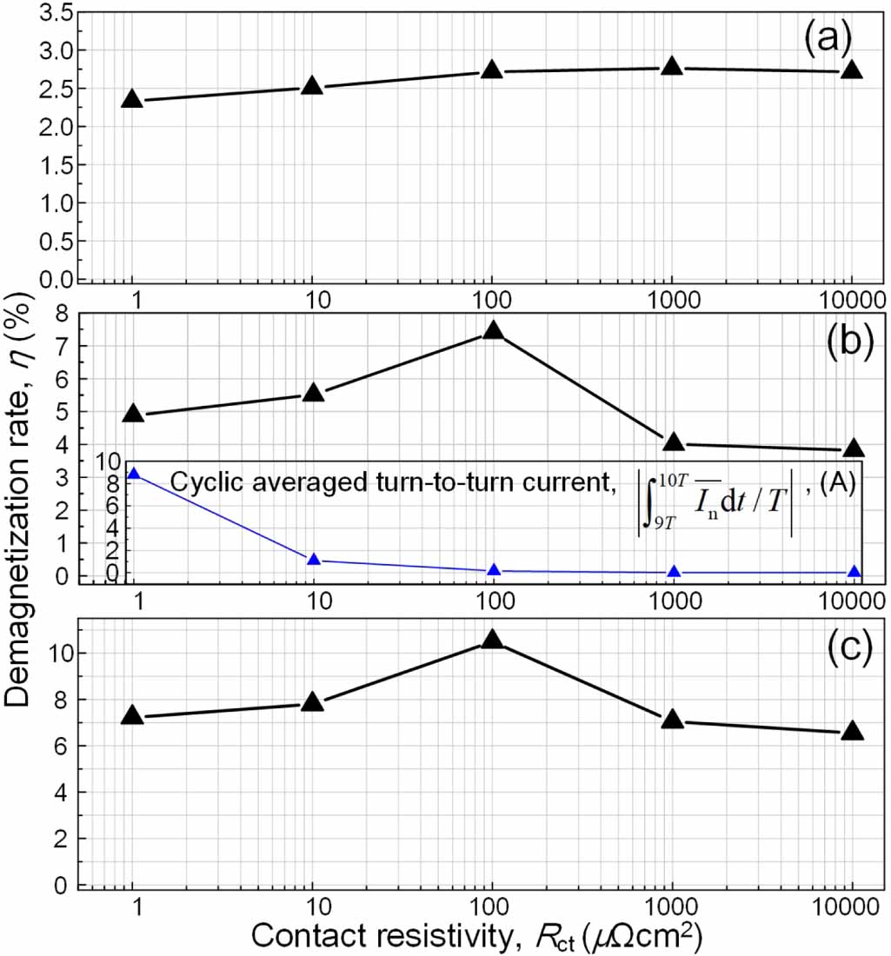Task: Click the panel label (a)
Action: coord(827,40)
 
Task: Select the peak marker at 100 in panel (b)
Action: coord(493,330)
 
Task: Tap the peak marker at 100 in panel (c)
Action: coord(492,640)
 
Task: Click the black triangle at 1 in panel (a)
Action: coord(132,99)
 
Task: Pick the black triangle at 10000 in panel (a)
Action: coord(852,70)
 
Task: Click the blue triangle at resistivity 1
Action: coord(134,474)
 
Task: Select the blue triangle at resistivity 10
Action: coord(314,560)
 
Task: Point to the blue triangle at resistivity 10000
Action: coord(854,572)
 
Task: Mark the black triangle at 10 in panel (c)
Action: coord(312,702)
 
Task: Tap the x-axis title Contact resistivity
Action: coord(476,935)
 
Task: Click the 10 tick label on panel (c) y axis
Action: coord(53,654)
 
